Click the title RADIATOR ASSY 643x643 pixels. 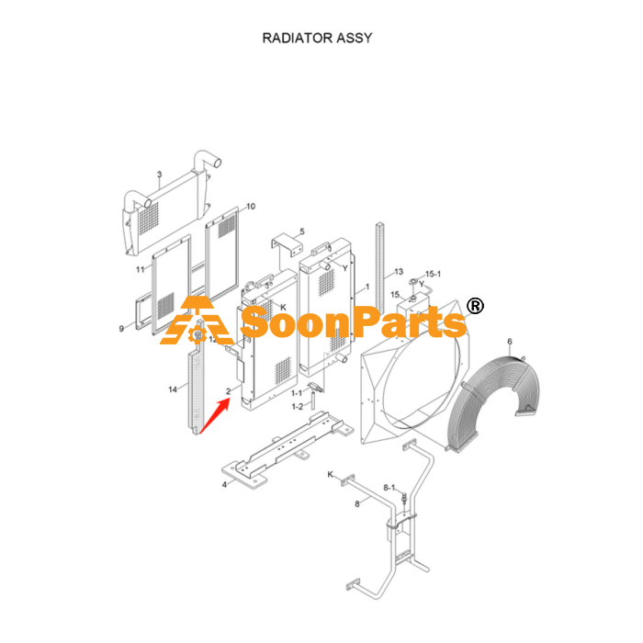317,38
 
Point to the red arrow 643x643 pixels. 214,416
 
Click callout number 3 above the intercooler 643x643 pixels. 160,175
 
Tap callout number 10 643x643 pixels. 251,206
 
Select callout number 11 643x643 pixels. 141,269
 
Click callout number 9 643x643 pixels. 121,329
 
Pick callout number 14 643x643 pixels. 173,389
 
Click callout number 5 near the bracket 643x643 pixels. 302,231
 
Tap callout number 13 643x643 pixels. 399,272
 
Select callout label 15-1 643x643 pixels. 433,274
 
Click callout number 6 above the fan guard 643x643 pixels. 510,341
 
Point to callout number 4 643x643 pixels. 224,485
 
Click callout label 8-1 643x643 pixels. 389,488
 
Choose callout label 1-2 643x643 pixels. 298,406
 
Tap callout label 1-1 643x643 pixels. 297,393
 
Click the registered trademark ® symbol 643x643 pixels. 475,306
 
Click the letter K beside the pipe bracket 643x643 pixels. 330,475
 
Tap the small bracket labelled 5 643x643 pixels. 287,244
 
